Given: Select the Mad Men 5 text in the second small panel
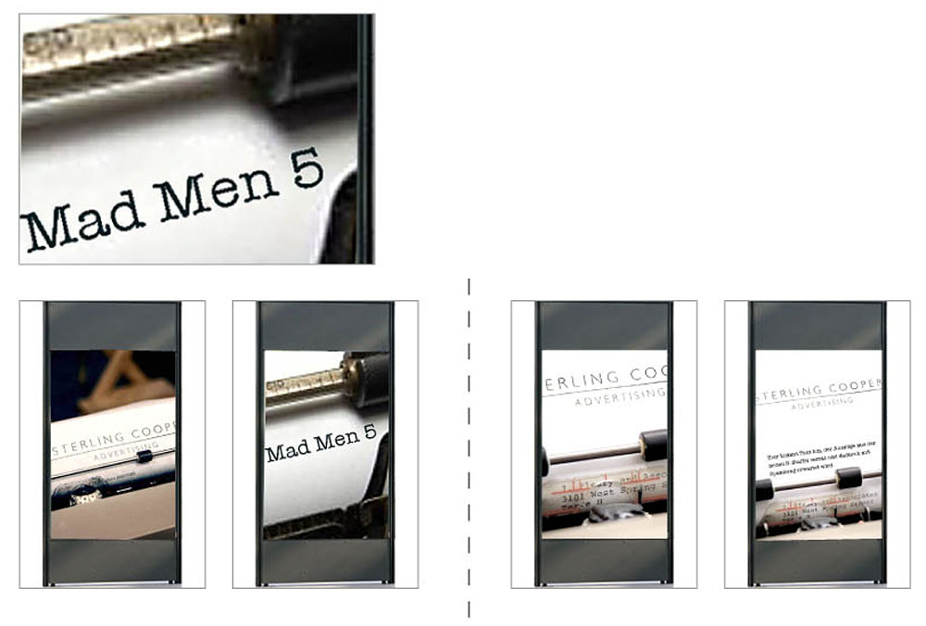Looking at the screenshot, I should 320,444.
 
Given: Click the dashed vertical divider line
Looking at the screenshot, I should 469,444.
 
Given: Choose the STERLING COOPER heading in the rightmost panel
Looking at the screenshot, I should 820,384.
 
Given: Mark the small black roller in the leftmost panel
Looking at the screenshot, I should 144,457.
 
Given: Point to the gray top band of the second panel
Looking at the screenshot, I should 325,326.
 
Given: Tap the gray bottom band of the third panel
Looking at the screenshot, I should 604,559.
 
